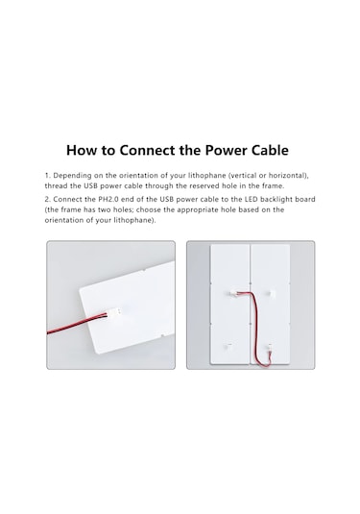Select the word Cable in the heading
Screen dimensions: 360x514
[x=270, y=150]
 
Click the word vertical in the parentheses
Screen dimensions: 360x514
[x=244, y=176]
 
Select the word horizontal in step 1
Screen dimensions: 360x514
[x=289, y=176]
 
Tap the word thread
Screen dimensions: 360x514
[x=56, y=185]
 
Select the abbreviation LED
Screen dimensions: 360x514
[x=251, y=199]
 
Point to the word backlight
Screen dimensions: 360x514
[x=276, y=199]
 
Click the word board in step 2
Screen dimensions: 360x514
[x=305, y=199]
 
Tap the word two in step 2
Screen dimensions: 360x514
[x=105, y=209]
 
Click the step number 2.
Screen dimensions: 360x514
[x=47, y=199]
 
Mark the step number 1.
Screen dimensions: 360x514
[x=47, y=176]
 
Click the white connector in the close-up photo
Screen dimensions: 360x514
[x=112, y=312]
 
